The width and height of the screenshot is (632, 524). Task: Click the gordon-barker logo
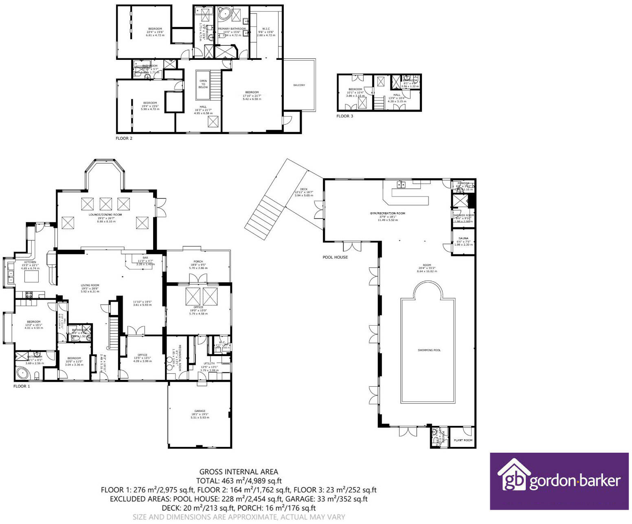559,481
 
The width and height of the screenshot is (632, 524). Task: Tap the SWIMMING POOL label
429,350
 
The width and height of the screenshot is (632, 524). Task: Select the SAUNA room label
463,238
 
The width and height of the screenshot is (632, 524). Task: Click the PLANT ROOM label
463,440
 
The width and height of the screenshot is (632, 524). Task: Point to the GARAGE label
200,411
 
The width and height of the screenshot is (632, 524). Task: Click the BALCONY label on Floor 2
299,85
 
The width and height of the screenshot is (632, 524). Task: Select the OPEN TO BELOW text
203,84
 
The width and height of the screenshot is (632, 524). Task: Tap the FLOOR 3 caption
345,116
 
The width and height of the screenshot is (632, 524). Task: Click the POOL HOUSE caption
335,257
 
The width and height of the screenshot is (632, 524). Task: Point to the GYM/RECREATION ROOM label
387,213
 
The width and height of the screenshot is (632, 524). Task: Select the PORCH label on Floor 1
198,262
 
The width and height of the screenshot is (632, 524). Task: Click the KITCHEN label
30,262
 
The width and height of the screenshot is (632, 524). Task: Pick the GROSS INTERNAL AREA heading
239,472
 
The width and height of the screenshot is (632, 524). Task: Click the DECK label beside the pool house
303,189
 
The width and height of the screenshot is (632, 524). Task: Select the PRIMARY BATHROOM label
232,29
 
